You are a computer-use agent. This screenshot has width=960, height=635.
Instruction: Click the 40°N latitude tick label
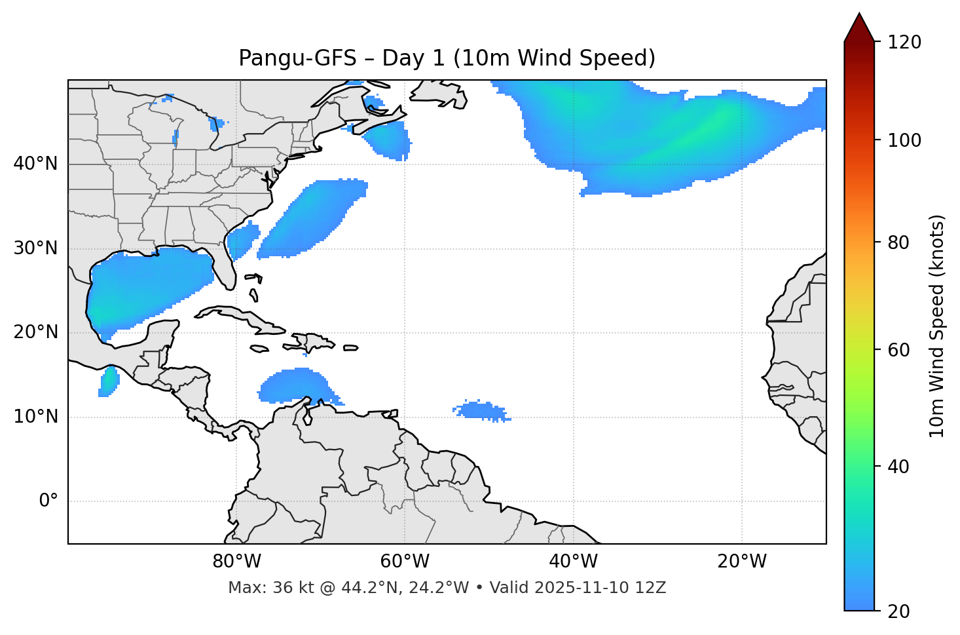(x=35, y=163)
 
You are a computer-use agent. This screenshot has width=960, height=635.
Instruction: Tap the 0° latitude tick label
(x=48, y=501)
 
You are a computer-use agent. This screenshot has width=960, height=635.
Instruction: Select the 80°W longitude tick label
(x=236, y=562)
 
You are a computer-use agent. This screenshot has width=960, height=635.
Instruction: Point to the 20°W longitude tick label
(x=742, y=562)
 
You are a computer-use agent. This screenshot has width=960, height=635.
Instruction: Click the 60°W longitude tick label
(x=405, y=562)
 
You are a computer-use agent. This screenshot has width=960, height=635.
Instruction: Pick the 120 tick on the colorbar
(x=904, y=42)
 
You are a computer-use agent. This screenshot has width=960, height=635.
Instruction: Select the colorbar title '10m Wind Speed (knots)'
(x=937, y=326)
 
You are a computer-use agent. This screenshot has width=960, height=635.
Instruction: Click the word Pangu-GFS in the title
(x=297, y=58)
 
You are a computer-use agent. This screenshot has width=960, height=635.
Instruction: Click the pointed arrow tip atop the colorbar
(x=859, y=16)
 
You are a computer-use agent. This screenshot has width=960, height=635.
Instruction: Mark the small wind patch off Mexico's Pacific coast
(x=109, y=381)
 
